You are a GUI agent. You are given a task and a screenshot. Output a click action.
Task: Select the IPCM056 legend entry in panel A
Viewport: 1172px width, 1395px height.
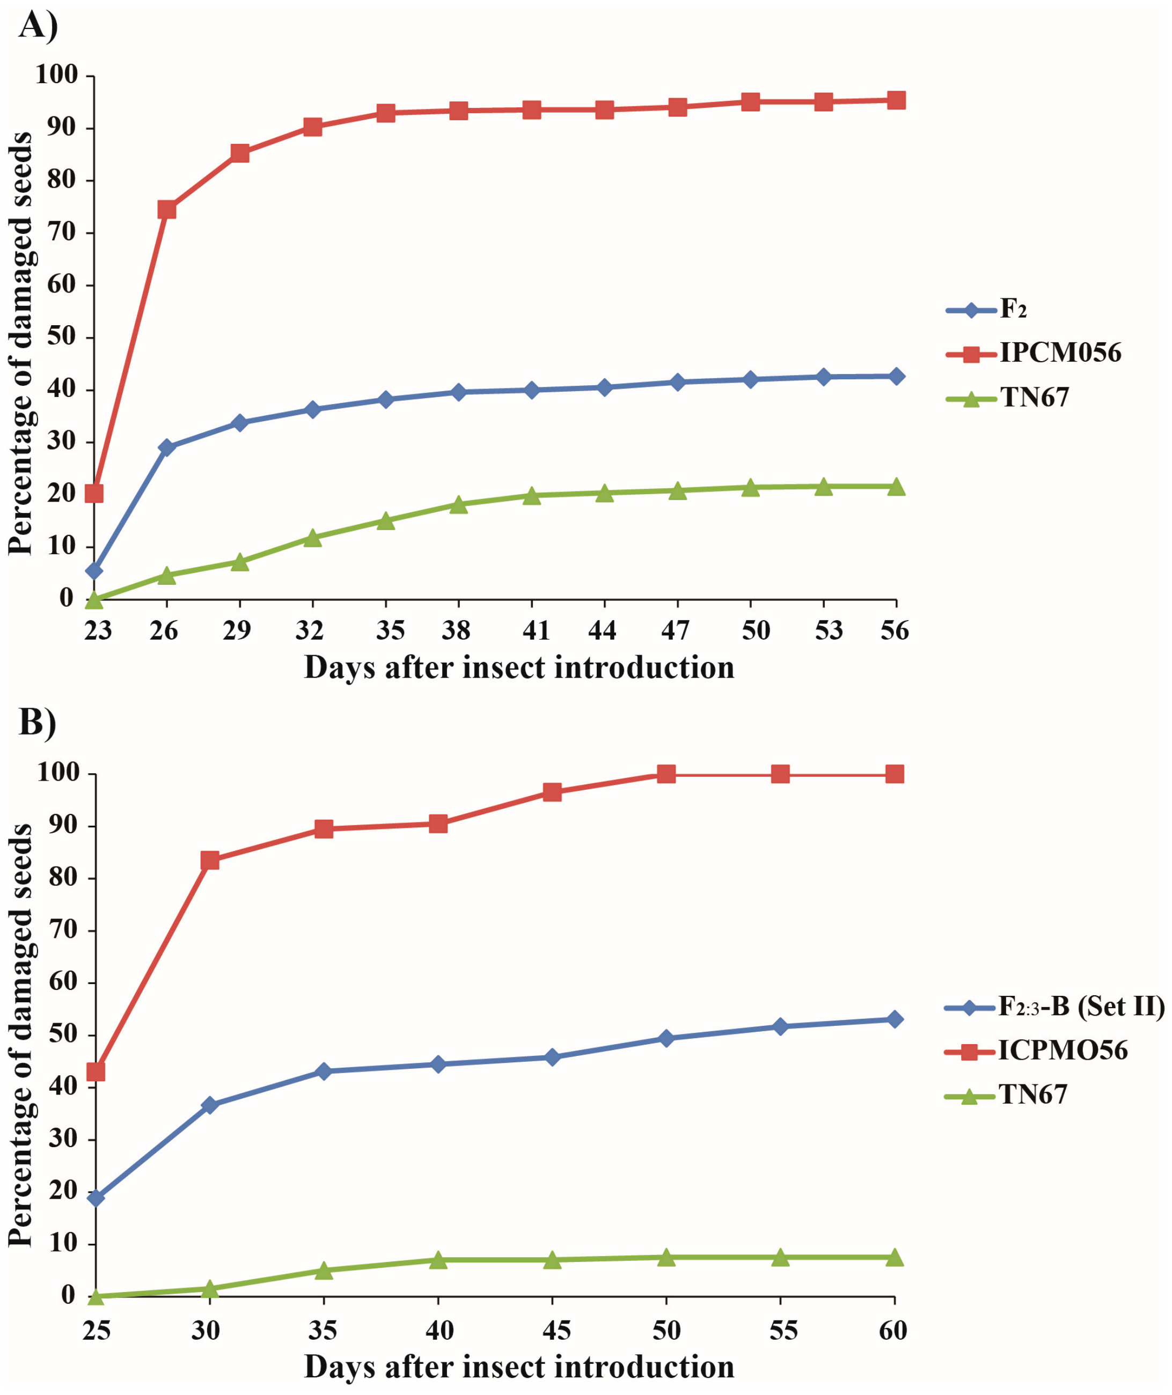click(1060, 353)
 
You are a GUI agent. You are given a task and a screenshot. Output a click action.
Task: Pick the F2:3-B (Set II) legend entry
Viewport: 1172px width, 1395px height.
click(1081, 1007)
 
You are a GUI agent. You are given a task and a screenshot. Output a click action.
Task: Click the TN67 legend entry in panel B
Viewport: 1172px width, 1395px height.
click(1032, 1094)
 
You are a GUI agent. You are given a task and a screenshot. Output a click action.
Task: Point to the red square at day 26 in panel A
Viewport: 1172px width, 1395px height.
click(167, 210)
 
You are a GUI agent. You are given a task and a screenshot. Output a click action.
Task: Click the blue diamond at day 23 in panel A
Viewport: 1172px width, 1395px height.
click(94, 571)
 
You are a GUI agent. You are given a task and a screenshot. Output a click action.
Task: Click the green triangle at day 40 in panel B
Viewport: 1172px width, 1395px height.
click(438, 1259)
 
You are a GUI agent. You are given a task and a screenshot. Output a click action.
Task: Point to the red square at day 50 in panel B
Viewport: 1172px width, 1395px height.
click(666, 774)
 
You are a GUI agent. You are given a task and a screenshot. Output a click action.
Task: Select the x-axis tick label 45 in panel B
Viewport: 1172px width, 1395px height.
click(555, 1330)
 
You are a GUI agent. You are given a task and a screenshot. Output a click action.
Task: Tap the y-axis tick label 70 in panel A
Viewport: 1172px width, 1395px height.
click(61, 232)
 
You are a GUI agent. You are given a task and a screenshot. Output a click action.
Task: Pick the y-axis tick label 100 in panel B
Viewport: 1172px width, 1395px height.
click(58, 773)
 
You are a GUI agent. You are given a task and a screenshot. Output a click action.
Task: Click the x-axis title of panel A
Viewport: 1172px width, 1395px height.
click(519, 667)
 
